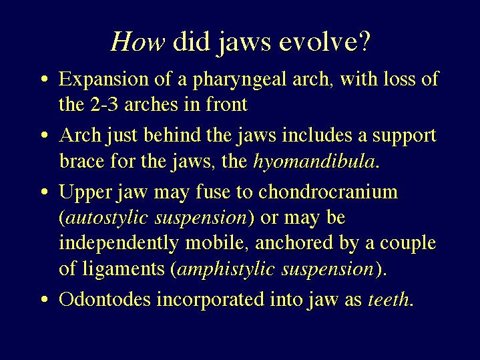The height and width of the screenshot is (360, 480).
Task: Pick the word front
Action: tap(226, 104)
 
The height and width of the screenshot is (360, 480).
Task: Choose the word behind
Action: tap(172, 135)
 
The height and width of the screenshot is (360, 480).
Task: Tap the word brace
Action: tap(81, 161)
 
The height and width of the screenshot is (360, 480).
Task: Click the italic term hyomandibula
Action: tap(314, 162)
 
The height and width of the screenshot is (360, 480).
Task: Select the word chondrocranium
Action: tap(328, 192)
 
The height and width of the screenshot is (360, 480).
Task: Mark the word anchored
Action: tap(294, 242)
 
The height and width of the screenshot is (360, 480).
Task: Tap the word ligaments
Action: tap(124, 270)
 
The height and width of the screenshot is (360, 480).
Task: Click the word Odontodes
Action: tap(105, 299)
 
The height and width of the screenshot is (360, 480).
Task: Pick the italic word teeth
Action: tap(388, 299)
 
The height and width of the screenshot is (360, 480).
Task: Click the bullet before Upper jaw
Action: tap(45, 192)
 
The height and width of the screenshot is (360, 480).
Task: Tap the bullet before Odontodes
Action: tap(45, 299)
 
